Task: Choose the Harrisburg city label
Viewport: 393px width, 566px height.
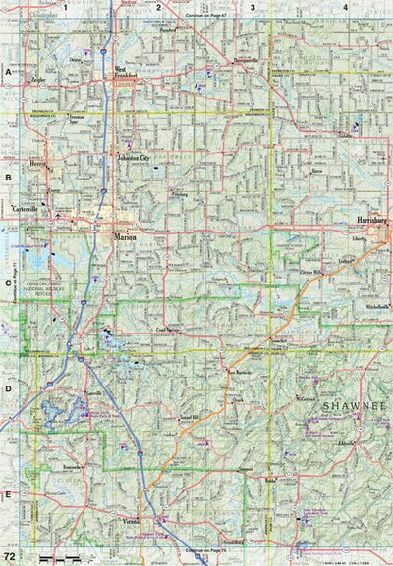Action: [x=373, y=223]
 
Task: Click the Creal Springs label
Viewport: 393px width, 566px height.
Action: [x=171, y=332]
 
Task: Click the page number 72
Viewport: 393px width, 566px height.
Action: [x=9, y=556]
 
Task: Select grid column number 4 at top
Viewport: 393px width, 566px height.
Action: [x=345, y=7]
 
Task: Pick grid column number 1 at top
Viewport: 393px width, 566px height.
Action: [x=65, y=7]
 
